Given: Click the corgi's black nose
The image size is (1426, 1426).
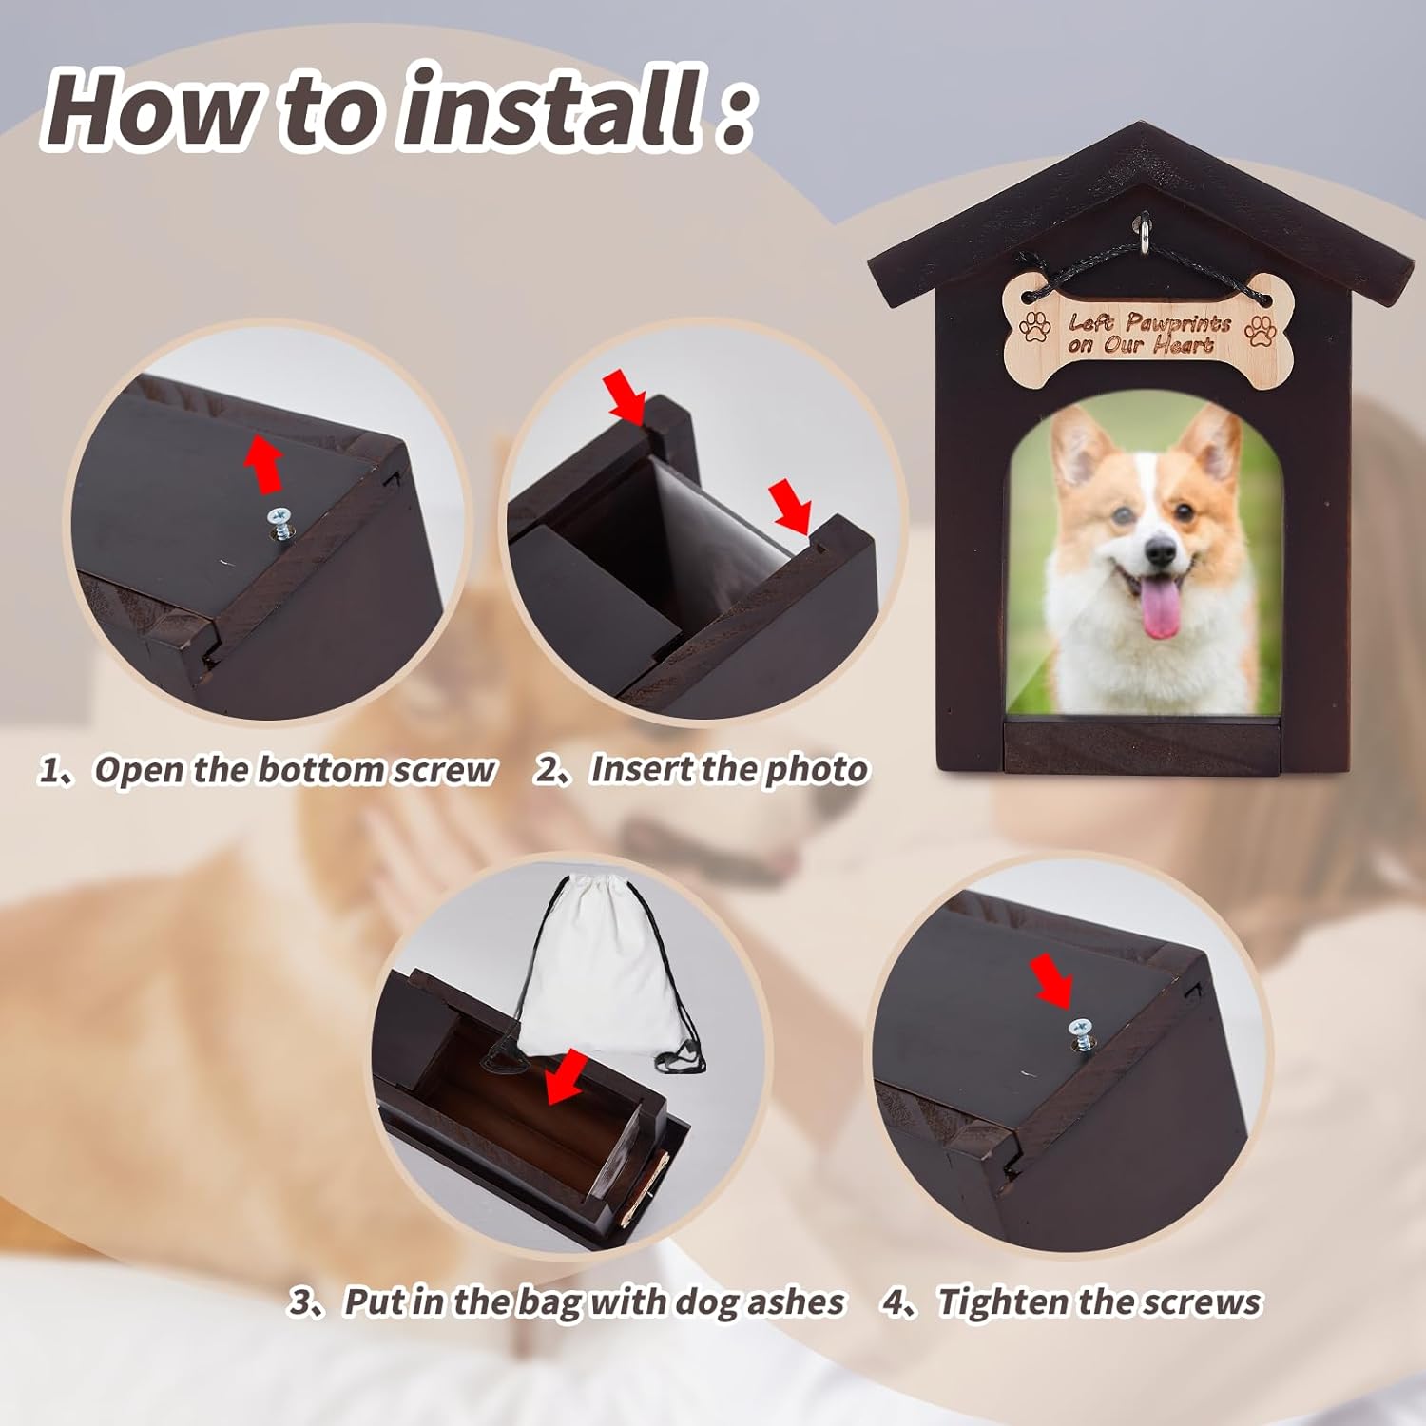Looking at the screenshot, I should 1160,549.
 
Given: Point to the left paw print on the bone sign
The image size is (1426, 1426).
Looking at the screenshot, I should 1035,326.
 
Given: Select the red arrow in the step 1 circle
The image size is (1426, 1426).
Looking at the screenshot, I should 265,464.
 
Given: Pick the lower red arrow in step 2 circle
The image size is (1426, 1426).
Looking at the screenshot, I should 790,505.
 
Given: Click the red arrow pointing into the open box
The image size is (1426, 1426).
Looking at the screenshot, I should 567,1077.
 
